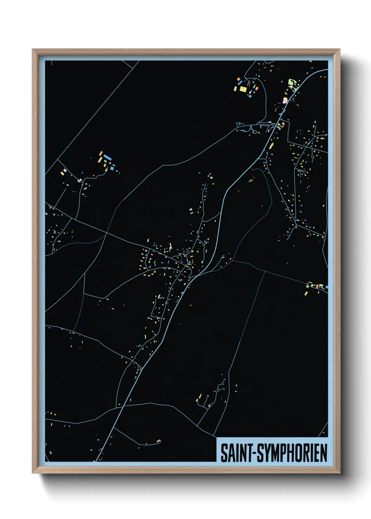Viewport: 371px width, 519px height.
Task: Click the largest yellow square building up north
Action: (243, 89)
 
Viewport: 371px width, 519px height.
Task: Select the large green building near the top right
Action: (291, 82)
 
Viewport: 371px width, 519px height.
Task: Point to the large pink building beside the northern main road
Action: (285, 101)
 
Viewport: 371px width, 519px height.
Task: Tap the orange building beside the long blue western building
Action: (101, 154)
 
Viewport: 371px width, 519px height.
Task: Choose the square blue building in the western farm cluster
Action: (112, 168)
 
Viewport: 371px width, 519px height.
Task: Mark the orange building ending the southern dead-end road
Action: (158, 441)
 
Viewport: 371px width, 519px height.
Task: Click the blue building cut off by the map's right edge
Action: (326, 287)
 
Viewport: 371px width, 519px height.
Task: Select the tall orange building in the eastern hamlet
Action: (318, 286)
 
